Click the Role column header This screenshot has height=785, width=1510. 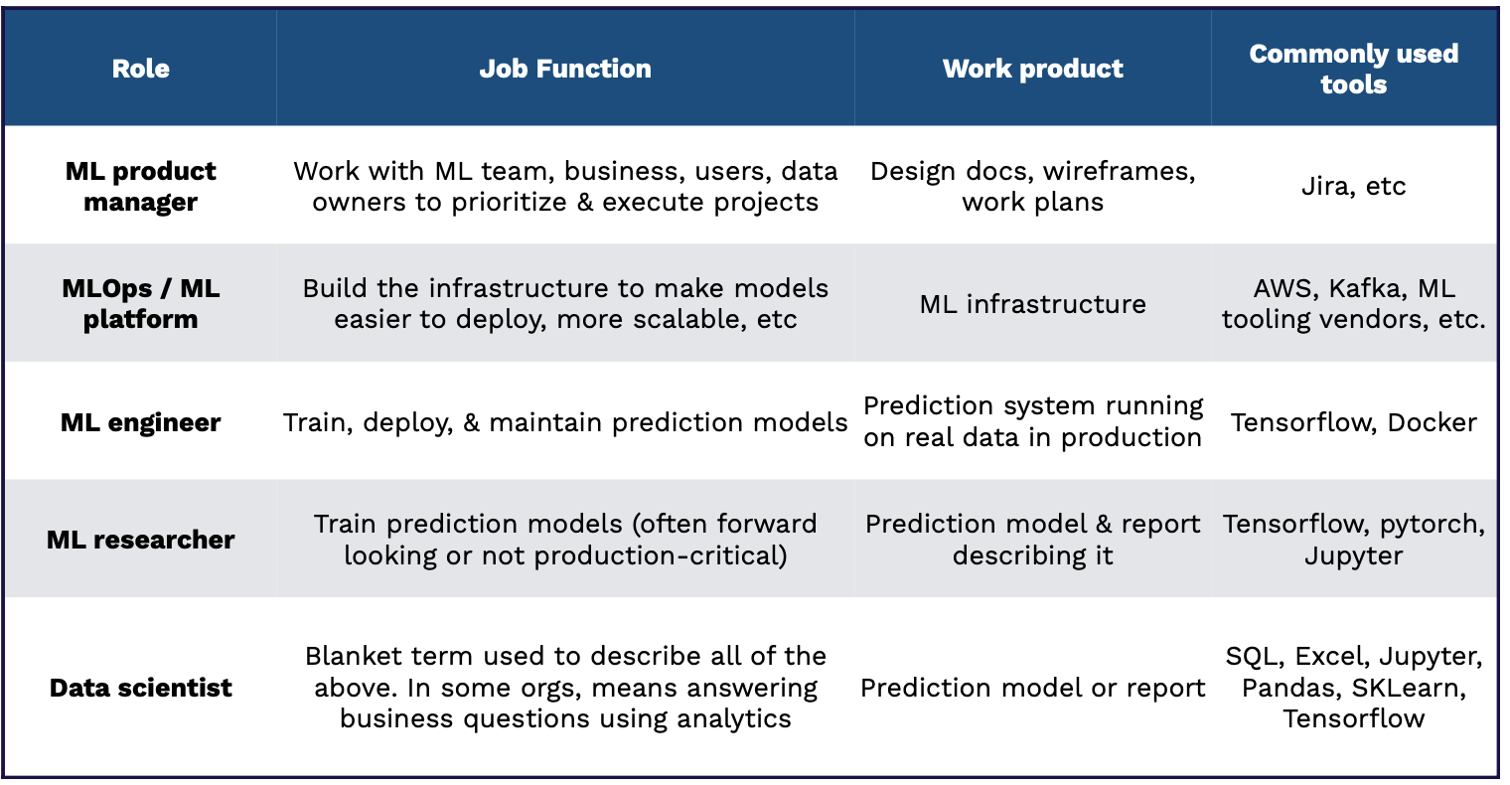[140, 69]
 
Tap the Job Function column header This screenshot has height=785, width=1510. [565, 69]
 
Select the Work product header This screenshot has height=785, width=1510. [1033, 69]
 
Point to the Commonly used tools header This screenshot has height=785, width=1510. [1354, 69]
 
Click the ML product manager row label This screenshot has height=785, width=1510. [140, 187]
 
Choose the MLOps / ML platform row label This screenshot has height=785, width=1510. [140, 303]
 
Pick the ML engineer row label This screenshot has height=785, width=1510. [140, 423]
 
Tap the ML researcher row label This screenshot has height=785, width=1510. [140, 540]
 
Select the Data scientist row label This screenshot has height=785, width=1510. [140, 688]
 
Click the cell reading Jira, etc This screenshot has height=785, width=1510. [1354, 186]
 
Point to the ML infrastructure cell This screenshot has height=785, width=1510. [1033, 304]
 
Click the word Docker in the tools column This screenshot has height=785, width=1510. [1432, 423]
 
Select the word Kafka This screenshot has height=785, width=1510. [1368, 288]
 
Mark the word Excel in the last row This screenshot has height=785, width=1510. [1332, 656]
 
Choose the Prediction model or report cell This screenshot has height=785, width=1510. [1033, 688]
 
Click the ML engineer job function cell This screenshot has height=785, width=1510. [565, 423]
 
